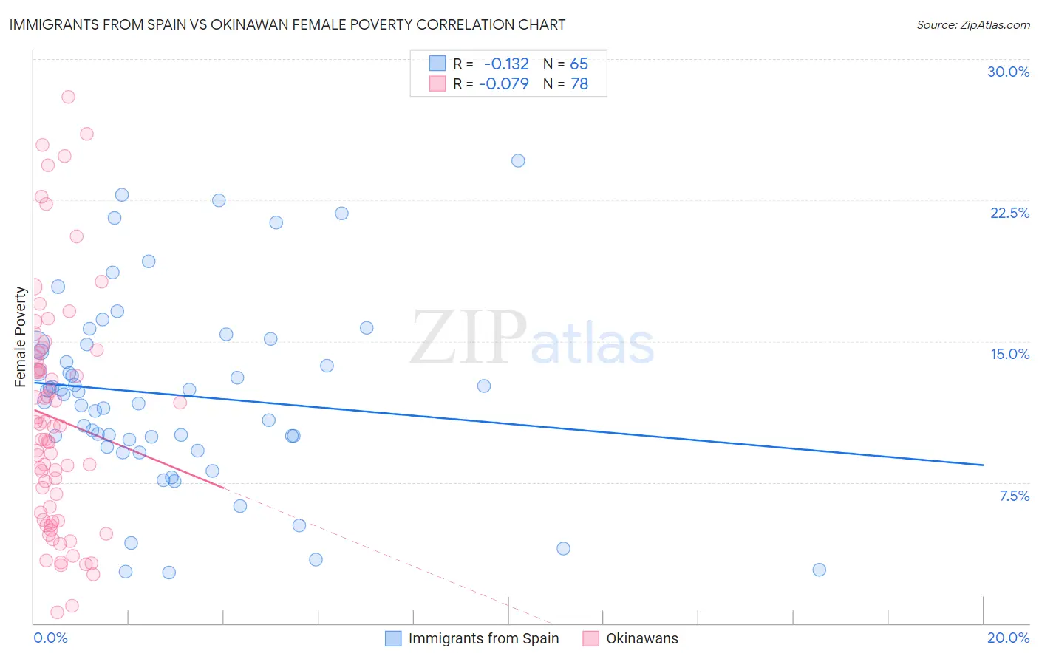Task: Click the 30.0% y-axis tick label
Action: [1008, 72]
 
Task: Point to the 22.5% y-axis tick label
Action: [1009, 213]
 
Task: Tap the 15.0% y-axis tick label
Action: [1009, 354]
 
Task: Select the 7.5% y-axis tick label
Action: [1014, 496]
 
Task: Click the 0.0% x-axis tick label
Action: [50, 638]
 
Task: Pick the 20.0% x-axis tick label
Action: [1008, 638]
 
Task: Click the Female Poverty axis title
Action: [20, 337]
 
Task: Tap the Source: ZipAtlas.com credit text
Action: [972, 24]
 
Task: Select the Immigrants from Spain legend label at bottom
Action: [483, 638]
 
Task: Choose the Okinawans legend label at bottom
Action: [641, 638]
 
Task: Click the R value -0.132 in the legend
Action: [506, 64]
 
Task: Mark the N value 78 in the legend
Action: [579, 83]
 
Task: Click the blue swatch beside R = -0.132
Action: [437, 64]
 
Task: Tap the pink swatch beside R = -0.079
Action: [437, 83]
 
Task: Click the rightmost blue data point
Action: [819, 570]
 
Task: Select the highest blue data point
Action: [518, 160]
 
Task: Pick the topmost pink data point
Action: [68, 97]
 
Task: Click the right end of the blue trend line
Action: [983, 465]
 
